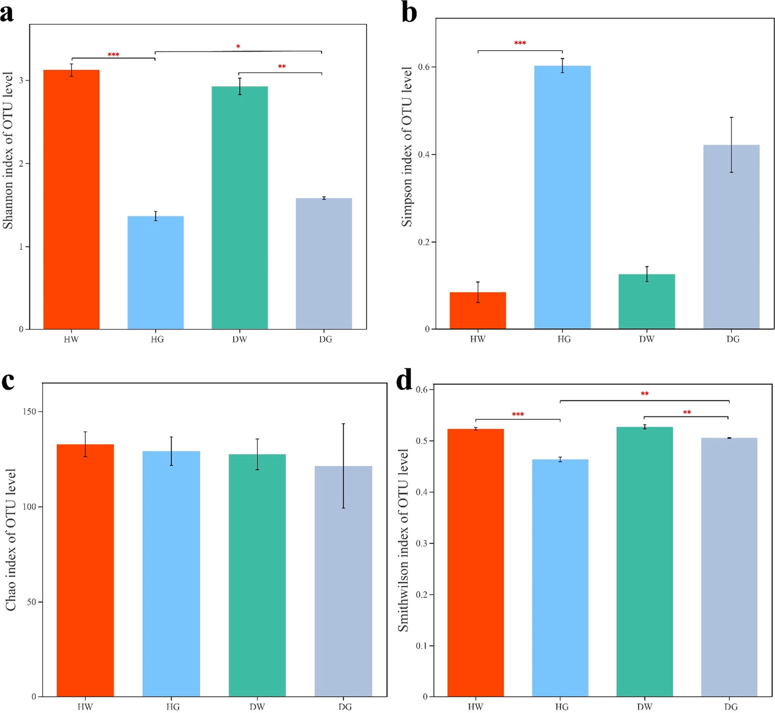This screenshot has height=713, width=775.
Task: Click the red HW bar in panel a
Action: [x=71, y=199]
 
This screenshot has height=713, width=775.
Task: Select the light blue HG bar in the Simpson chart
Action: [x=562, y=197]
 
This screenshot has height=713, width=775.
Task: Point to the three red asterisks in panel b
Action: [x=520, y=43]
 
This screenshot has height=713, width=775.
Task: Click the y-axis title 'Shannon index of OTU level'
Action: [x=8, y=151]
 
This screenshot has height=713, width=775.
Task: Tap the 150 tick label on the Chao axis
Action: [x=29, y=411]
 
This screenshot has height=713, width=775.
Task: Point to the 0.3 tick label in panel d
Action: [x=422, y=543]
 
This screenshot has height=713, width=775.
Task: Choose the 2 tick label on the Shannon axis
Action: [x=21, y=163]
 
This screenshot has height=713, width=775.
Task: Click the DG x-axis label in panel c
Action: [x=345, y=707]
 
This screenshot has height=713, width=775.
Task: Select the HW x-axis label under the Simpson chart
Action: [x=478, y=339]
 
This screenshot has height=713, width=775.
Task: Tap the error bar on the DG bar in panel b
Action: [x=731, y=145]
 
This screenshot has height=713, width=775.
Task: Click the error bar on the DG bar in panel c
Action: [x=343, y=466]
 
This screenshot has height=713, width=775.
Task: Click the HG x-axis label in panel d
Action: [x=562, y=707]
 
